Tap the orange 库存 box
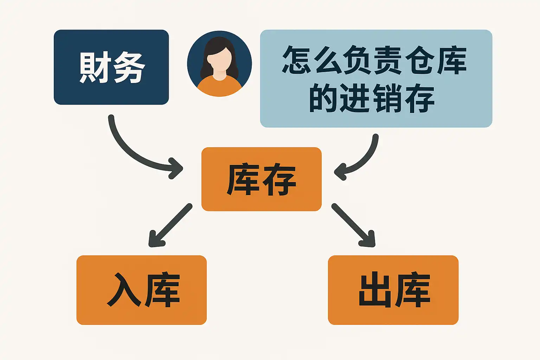click(261, 179)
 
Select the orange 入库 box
click(141, 290)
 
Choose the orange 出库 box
click(393, 290)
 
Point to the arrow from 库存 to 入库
click(171, 225)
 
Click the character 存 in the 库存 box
click(279, 180)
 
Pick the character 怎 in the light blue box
click(297, 60)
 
